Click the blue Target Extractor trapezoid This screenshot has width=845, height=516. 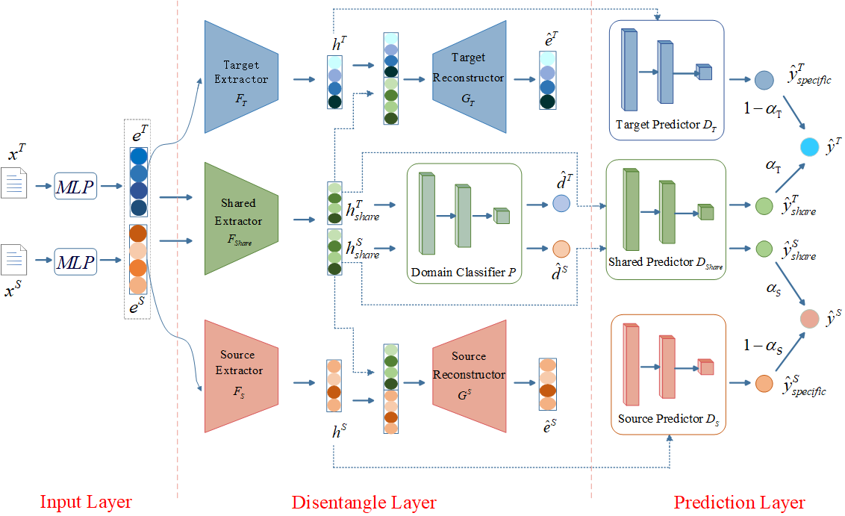(x=241, y=77)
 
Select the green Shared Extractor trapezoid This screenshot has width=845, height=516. (x=241, y=219)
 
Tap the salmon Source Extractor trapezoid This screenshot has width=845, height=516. (x=241, y=376)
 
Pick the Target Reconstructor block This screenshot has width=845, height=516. (x=470, y=77)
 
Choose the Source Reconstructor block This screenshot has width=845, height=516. (x=470, y=376)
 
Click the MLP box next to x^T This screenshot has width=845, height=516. (x=75, y=186)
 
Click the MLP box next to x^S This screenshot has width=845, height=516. (x=75, y=261)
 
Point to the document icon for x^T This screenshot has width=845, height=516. (x=13, y=183)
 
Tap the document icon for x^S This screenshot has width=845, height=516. (x=13, y=260)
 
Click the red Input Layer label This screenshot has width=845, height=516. (x=86, y=502)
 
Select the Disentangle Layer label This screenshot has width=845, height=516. (x=364, y=503)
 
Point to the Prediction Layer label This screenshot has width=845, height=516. (x=739, y=503)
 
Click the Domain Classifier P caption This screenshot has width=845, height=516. (x=464, y=273)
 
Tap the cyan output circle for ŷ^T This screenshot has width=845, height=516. (x=809, y=146)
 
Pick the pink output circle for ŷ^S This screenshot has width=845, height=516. (x=809, y=319)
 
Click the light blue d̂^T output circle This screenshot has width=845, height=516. (x=561, y=203)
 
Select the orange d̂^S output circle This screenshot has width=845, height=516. (x=561, y=249)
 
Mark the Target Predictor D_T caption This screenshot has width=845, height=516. (x=666, y=125)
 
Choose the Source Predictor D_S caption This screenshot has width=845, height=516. (x=669, y=419)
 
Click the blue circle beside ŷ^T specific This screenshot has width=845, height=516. (x=764, y=80)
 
